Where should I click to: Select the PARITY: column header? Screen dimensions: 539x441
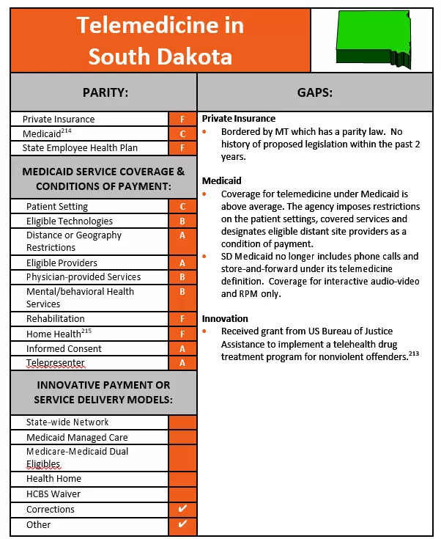pos(103,92)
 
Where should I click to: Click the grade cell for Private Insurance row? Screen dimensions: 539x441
pos(182,119)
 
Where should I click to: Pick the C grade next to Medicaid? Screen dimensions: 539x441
pos(182,133)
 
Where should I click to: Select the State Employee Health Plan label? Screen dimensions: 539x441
pos(77,148)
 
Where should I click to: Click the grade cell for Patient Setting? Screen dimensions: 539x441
pos(182,207)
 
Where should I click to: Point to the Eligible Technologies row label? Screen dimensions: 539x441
pos(70,221)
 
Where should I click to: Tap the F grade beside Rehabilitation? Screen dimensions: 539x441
pos(182,319)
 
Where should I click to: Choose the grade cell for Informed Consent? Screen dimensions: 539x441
pos(182,348)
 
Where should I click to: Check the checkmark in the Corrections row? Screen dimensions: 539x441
pos(182,509)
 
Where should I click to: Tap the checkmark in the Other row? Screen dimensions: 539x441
pos(182,524)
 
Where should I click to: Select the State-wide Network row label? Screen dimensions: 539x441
pos(67,422)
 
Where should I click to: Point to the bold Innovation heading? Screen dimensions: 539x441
pos(225,318)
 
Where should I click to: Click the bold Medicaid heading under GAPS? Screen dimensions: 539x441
pos(222,180)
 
